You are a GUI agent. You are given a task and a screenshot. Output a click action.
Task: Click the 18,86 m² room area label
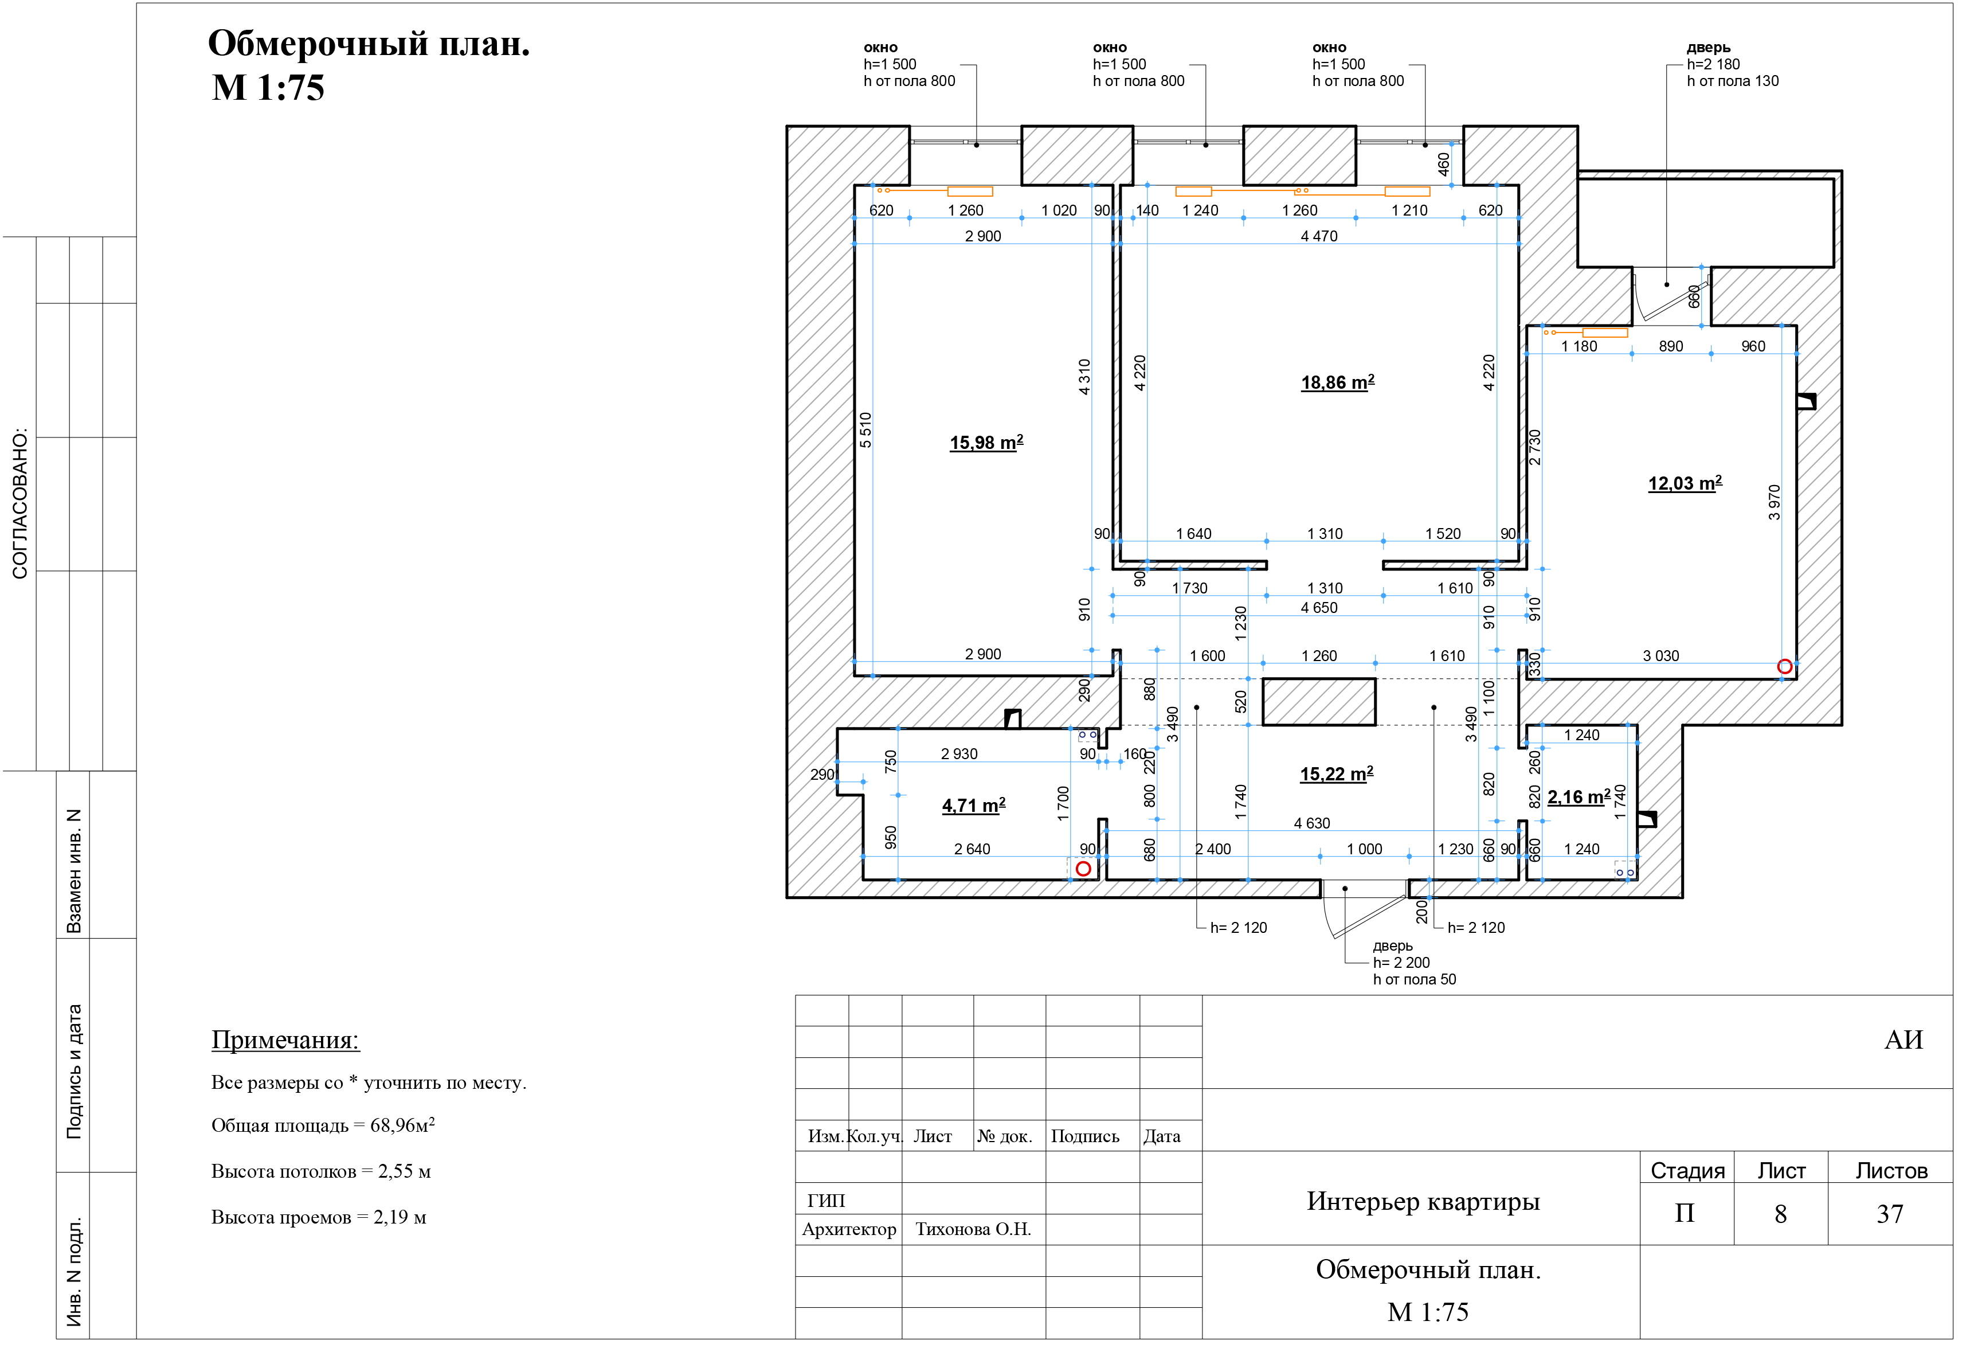pos(1351,386)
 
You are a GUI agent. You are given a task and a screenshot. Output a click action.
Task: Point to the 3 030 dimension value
pos(1678,662)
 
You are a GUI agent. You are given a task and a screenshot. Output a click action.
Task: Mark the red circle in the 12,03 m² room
pos(1804,673)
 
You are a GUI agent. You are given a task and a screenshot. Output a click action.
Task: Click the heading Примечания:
pos(288,1050)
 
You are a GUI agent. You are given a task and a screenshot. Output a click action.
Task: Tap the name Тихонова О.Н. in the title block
pos(983,1241)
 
